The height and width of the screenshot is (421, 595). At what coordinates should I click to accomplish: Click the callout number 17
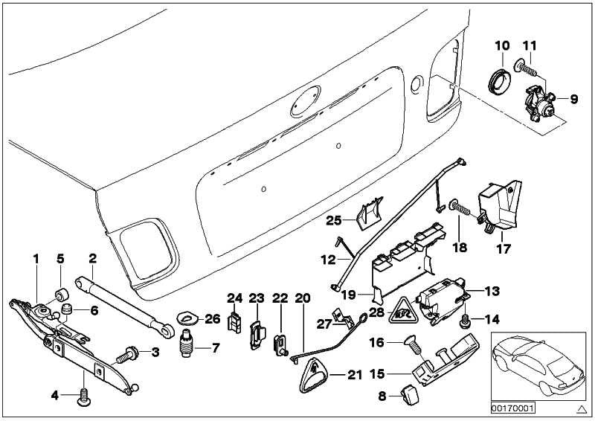504,249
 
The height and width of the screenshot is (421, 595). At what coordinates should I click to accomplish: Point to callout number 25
332,219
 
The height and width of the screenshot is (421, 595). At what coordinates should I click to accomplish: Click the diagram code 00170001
515,408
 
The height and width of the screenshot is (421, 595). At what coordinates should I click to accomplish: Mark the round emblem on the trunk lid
308,102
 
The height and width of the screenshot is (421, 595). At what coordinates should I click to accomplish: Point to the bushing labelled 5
61,290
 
